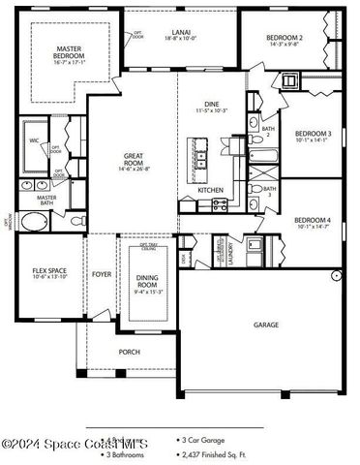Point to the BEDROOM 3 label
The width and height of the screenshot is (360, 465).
(x=314, y=134)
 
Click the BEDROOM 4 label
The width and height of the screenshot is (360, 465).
(x=314, y=220)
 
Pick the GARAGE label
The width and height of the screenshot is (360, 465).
(x=267, y=325)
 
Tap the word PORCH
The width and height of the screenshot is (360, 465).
(x=129, y=352)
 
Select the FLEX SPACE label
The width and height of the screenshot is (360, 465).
(x=50, y=270)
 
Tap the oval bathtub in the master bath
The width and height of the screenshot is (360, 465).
(x=33, y=223)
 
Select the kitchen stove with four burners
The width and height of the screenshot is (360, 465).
(x=219, y=205)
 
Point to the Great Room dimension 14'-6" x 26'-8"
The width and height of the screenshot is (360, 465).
(x=134, y=168)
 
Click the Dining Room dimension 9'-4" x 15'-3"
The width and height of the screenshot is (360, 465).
(x=148, y=291)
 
